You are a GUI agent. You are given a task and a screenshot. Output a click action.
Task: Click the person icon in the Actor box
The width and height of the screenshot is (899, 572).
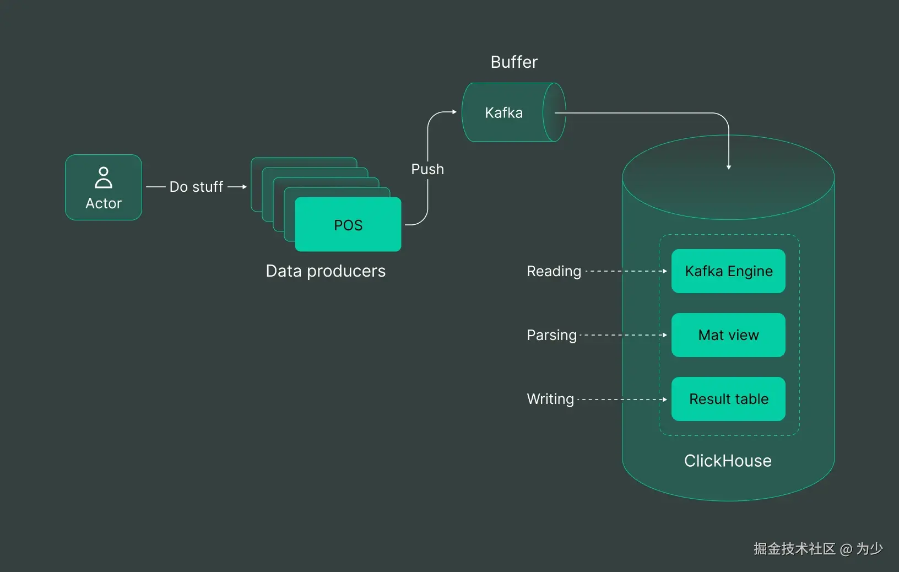104,177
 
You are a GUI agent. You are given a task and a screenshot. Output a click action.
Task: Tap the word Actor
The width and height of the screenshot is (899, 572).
104,203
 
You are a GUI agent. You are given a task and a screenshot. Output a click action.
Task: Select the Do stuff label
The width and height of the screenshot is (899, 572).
196,187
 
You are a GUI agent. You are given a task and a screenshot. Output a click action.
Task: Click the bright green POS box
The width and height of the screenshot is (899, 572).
348,224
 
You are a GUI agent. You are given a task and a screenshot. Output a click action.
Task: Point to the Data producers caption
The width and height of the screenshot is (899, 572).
326,271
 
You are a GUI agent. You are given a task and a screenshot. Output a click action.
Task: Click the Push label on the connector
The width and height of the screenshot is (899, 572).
427,169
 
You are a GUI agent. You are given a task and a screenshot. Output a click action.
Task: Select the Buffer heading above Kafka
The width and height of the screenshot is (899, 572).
514,62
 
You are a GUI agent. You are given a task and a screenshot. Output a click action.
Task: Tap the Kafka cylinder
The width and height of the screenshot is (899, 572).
514,112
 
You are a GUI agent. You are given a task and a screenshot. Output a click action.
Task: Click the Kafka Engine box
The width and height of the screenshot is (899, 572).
728,271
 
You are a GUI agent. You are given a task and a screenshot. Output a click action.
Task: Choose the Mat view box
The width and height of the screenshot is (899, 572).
728,335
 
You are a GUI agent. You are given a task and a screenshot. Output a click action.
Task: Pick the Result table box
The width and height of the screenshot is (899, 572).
728,399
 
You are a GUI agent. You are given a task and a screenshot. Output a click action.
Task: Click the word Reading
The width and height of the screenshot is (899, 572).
554,272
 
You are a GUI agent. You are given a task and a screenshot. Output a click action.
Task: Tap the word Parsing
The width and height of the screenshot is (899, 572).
552,336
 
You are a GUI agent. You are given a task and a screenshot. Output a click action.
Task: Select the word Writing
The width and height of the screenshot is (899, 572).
550,400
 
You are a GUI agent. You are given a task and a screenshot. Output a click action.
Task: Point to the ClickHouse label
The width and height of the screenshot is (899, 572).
728,461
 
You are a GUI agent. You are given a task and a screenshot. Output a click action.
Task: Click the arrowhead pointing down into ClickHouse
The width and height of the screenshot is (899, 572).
729,167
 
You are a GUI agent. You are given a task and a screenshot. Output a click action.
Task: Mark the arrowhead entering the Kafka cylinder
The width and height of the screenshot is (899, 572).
454,112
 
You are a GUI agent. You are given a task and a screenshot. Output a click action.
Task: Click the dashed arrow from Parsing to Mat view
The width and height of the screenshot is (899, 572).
624,335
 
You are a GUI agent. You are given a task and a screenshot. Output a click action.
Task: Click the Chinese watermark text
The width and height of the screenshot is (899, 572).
818,549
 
